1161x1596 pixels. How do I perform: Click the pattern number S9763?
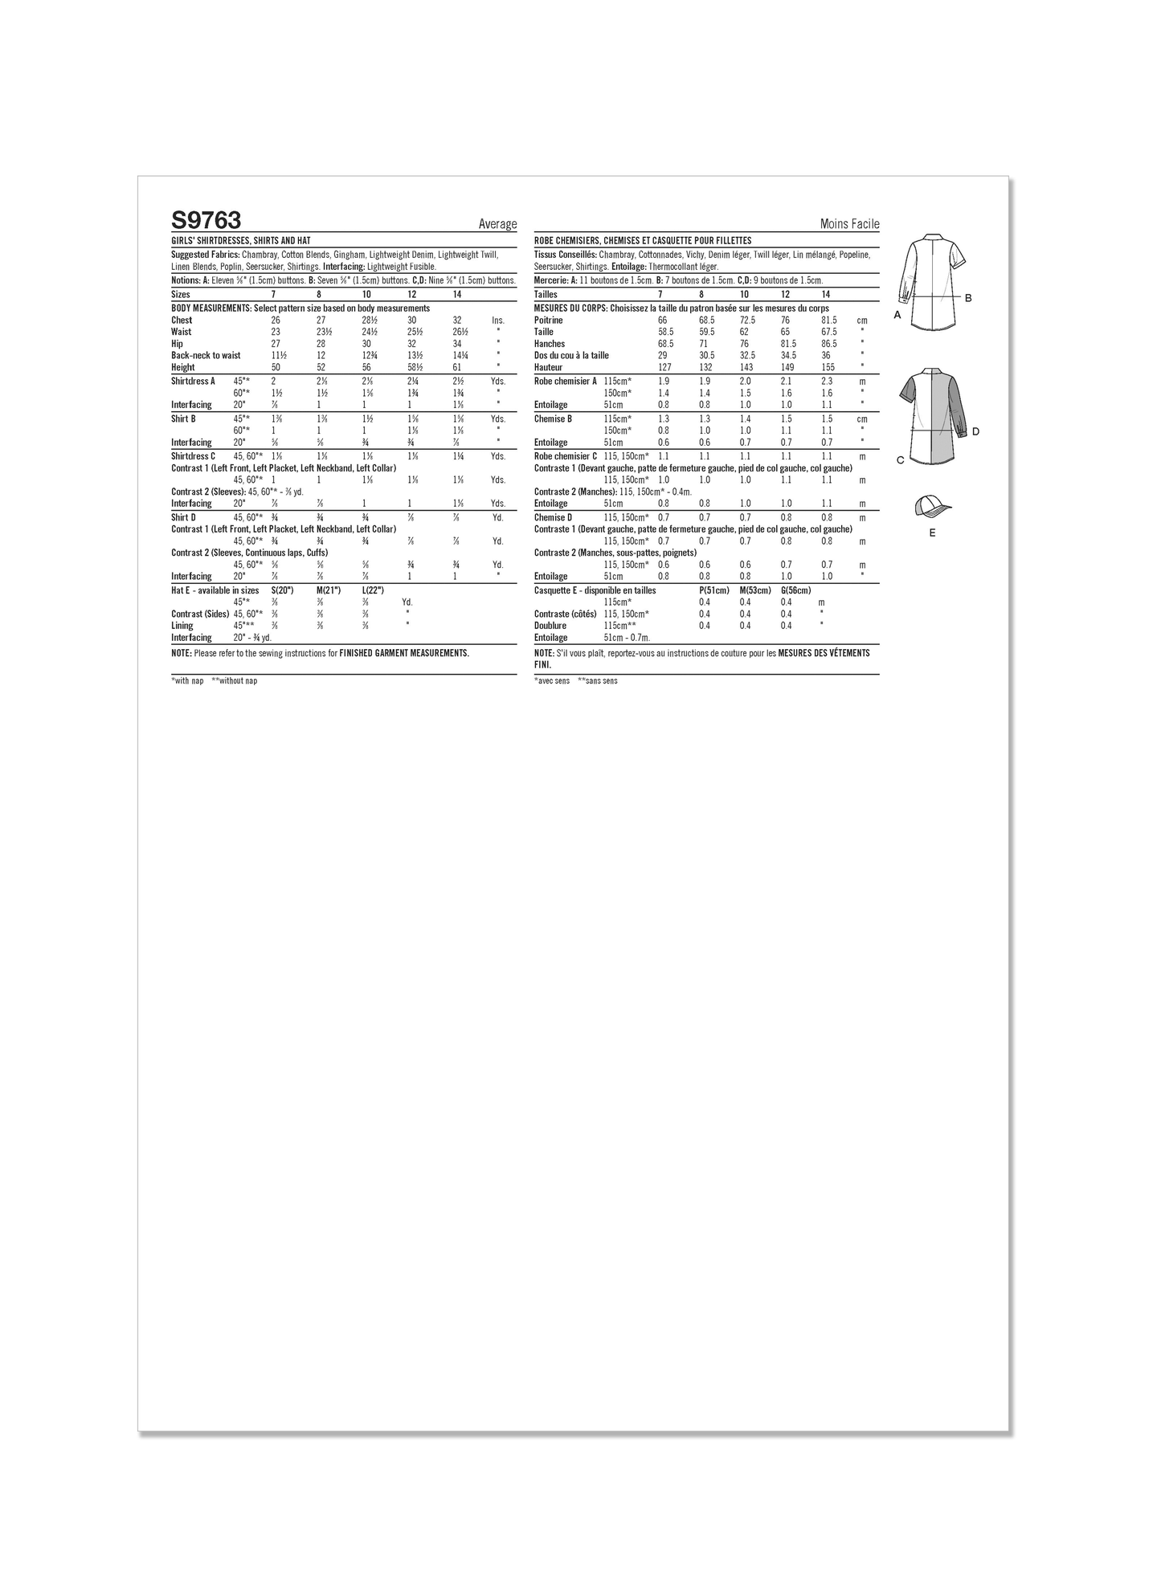coord(206,220)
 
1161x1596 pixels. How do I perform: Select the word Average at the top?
coord(497,225)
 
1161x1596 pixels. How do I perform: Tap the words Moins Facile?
coord(849,225)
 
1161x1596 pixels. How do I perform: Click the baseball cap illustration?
coord(931,507)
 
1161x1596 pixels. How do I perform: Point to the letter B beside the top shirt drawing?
coord(968,298)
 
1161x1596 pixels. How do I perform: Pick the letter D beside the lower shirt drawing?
coord(975,432)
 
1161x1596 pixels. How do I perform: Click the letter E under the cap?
coord(932,533)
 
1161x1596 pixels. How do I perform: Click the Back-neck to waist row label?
coord(206,356)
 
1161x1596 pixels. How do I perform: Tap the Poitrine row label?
coord(548,320)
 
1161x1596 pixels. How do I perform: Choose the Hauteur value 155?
coord(828,368)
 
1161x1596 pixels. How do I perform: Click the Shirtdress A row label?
coord(193,382)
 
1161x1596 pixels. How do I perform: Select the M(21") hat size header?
coord(329,590)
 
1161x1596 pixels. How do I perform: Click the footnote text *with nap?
coord(187,681)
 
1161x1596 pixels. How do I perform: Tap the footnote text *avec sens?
coord(551,681)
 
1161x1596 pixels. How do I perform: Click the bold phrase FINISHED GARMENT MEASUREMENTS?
coord(404,654)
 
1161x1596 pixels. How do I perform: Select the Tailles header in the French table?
coord(546,295)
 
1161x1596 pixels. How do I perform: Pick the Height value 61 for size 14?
coord(457,368)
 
